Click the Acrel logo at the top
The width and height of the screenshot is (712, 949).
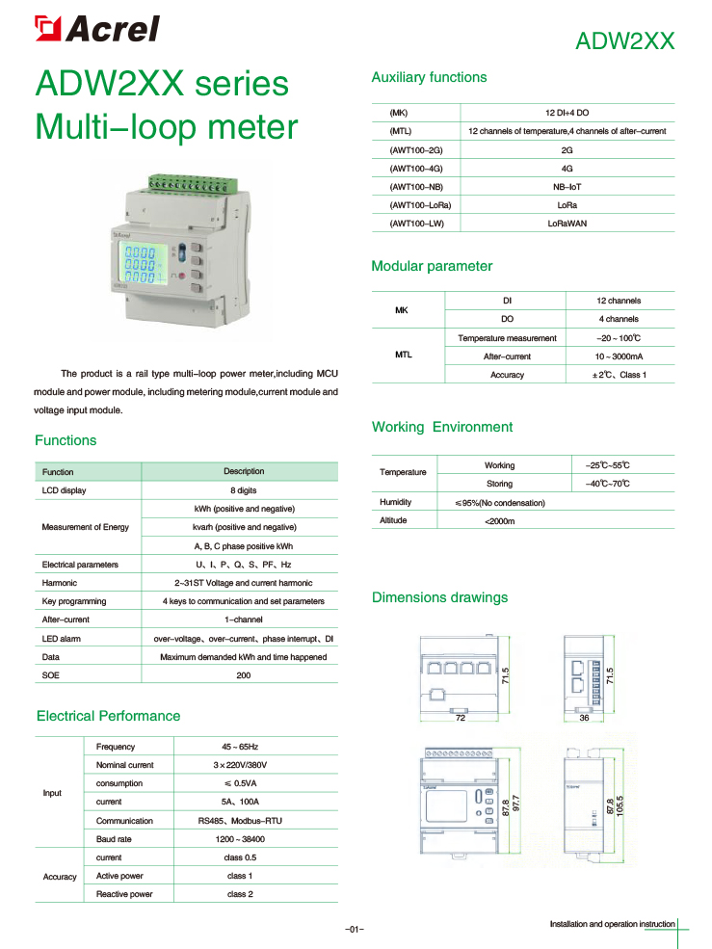coord(96,29)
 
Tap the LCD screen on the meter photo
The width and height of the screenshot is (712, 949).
coord(141,260)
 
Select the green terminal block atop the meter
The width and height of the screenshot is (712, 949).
coord(187,182)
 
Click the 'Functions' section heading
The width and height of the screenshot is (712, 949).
coord(66,440)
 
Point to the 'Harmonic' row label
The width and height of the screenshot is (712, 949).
coord(60,583)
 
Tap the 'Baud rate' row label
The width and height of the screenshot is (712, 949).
coord(114,839)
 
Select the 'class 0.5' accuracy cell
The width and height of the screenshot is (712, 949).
coord(241,857)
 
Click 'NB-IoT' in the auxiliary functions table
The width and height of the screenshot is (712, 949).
coord(567,187)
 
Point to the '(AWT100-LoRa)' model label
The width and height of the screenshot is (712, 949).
coord(420,205)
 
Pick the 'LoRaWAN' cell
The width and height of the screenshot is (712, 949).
coord(567,224)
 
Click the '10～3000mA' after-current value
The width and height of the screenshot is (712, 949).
coord(618,356)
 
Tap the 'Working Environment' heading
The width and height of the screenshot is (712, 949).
coord(442,427)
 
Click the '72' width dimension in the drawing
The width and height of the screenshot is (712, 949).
coord(461,719)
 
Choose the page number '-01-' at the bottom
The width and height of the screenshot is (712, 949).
coord(355,929)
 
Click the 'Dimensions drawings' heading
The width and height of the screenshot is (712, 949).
coord(439,597)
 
